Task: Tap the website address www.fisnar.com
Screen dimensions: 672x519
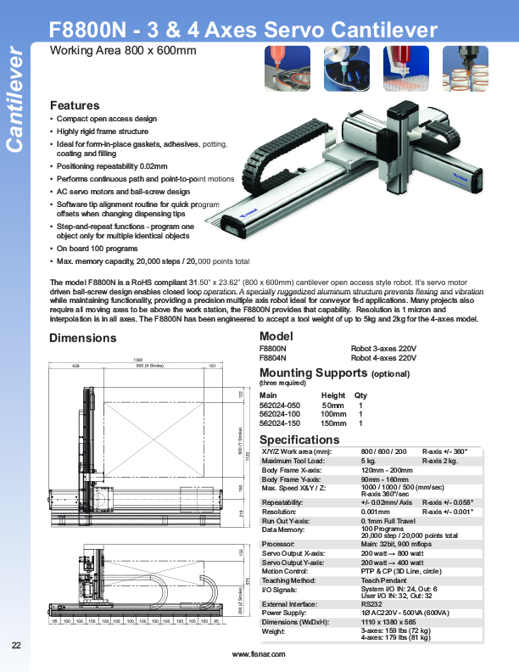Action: point(259,654)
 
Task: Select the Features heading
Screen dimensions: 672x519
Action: point(75,105)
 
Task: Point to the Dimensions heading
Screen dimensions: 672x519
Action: point(83,338)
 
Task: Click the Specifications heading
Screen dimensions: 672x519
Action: point(299,440)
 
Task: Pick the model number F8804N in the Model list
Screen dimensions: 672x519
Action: point(272,358)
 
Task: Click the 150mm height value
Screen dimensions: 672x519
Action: point(333,423)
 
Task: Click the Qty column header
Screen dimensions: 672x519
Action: point(361,395)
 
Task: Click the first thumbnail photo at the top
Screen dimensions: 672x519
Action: point(287,68)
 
